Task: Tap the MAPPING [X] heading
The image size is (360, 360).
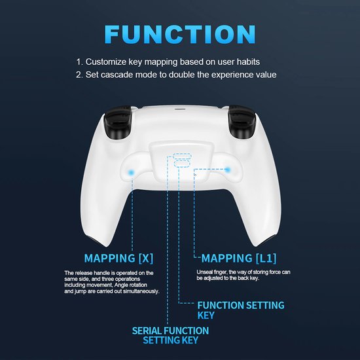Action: tap(118, 258)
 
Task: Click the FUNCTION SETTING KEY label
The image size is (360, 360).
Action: tap(241, 310)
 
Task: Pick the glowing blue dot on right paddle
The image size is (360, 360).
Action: tap(228, 170)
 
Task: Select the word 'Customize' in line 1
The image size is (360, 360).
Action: tap(109, 62)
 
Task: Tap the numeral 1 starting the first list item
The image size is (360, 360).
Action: tap(79, 62)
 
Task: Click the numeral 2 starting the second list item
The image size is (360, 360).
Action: tap(79, 75)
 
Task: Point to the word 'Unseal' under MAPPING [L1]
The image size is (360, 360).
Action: tap(206, 272)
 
